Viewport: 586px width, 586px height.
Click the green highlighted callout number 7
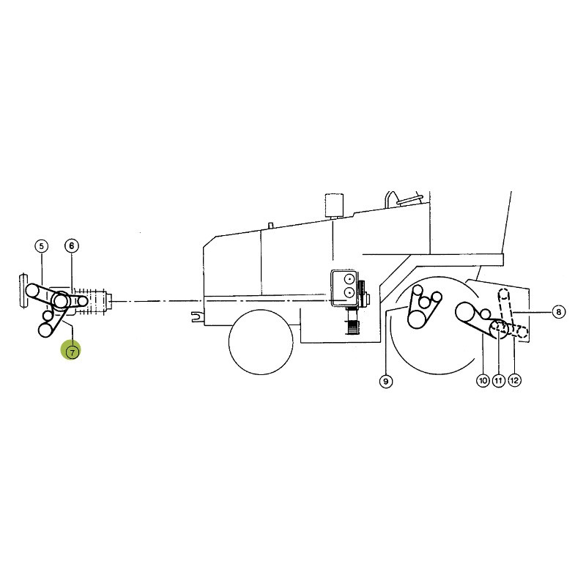pos(72,352)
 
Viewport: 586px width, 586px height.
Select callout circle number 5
pos(41,246)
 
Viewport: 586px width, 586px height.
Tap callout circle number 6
pos(72,246)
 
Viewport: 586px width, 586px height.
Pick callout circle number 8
pos(558,312)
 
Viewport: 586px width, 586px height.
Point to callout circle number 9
pos(386,381)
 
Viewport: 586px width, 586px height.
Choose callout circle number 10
pos(483,380)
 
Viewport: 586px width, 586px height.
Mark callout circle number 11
pos(499,380)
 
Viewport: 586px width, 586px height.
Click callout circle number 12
pos(514,380)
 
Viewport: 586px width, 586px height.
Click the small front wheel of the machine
pos(261,342)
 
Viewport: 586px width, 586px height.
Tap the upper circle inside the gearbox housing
pos(350,279)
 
